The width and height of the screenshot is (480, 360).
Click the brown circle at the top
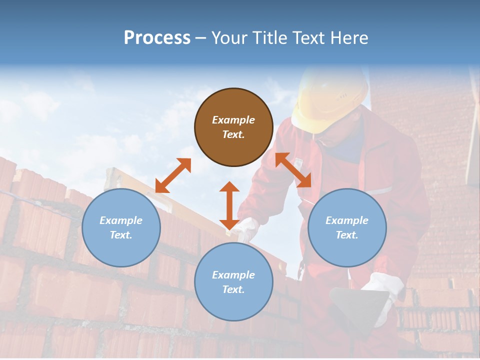click(x=233, y=127)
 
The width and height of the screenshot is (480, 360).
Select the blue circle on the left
click(x=121, y=227)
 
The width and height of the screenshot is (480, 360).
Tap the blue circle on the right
click(x=347, y=227)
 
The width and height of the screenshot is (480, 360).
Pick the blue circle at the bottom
click(x=233, y=282)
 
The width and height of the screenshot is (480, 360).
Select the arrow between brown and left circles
click(x=173, y=175)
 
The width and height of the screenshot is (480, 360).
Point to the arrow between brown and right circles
click(x=293, y=170)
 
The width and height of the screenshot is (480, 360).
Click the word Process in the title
click(x=157, y=38)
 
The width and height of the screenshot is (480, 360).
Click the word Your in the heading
click(x=230, y=38)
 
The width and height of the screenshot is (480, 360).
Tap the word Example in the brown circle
click(x=233, y=120)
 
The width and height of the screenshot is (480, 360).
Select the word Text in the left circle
click(x=120, y=235)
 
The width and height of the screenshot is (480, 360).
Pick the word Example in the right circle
click(x=347, y=220)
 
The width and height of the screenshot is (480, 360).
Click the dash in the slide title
click(x=201, y=38)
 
